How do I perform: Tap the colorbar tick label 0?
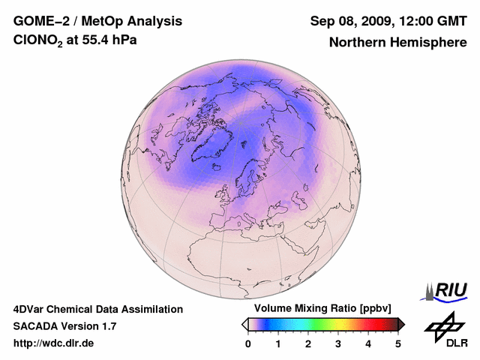248,343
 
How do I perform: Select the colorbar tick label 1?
278,343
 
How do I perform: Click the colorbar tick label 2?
308,343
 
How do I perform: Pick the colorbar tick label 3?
338,343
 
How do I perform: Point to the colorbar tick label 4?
368,343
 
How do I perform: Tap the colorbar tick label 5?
398,343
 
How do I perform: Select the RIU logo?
447,290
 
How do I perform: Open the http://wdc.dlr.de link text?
54,343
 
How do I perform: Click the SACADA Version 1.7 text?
64,326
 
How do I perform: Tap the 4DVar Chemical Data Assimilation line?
97,309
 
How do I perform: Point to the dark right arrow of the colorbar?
401,324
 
